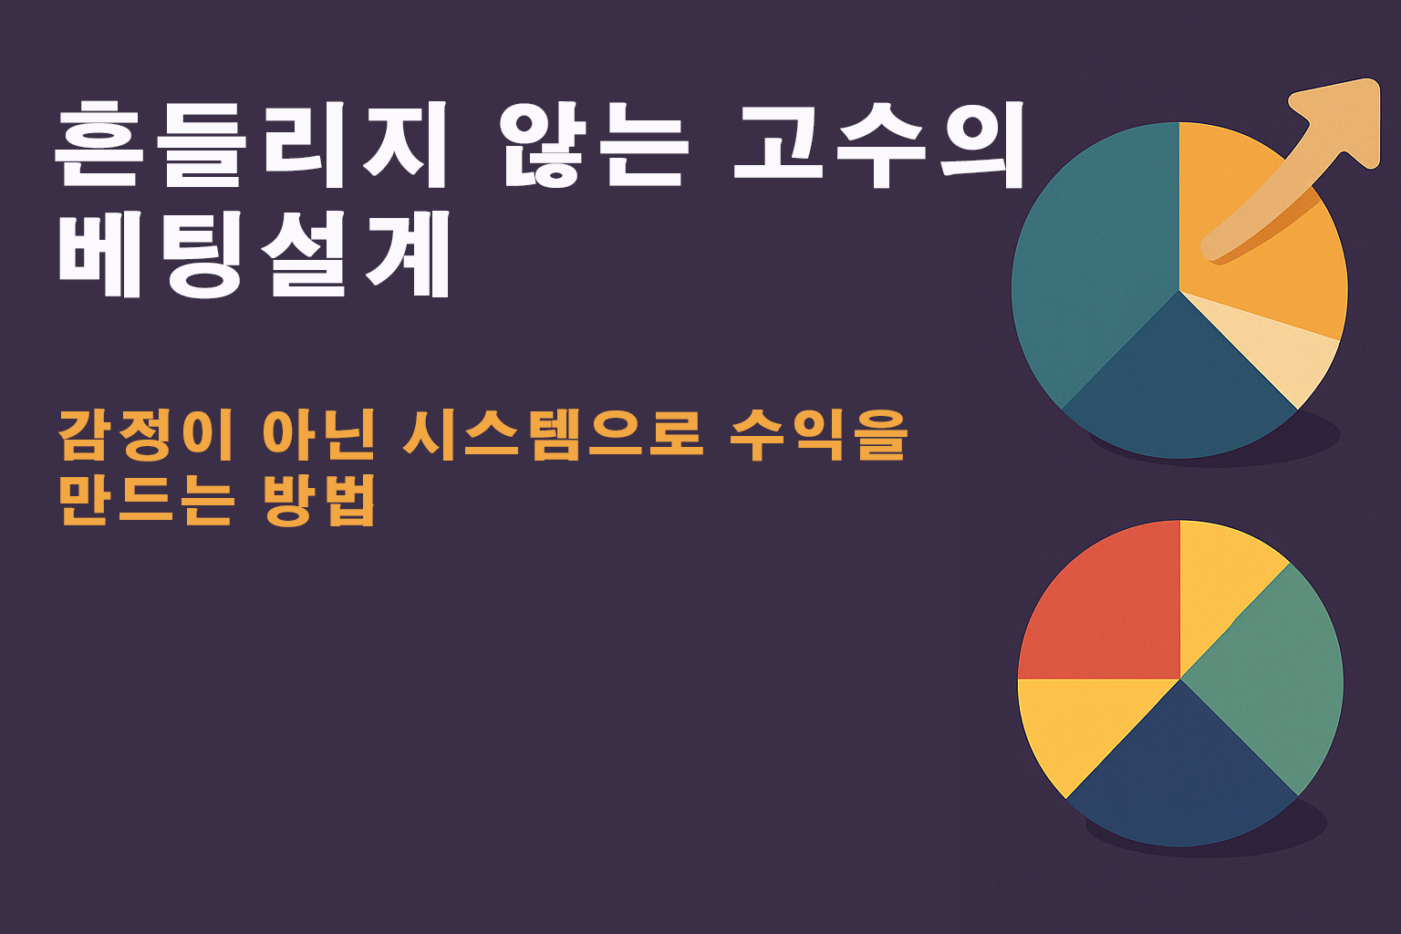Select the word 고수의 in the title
click(x=878, y=144)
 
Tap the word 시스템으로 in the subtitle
click(x=553, y=435)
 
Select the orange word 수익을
click(x=818, y=435)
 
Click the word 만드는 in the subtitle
click(x=146, y=501)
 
